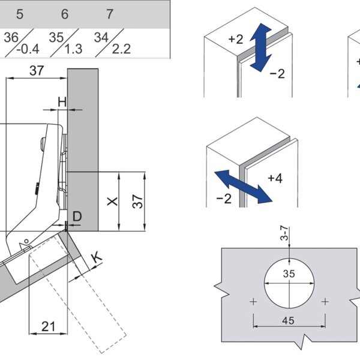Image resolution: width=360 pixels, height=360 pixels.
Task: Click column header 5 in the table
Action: (20, 13)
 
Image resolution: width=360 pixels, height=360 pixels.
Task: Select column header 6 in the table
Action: (65, 13)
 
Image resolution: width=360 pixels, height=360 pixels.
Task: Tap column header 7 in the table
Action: (110, 13)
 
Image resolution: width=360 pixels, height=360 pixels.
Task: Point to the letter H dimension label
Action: (62, 101)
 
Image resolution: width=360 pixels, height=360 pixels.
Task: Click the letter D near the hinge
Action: (76, 215)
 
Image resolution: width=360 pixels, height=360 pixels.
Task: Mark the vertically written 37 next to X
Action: (137, 202)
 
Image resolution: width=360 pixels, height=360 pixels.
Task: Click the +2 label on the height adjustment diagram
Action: (235, 40)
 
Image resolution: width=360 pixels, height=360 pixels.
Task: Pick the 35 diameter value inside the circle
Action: (289, 274)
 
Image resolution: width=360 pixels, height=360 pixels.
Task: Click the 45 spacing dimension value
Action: (289, 320)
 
